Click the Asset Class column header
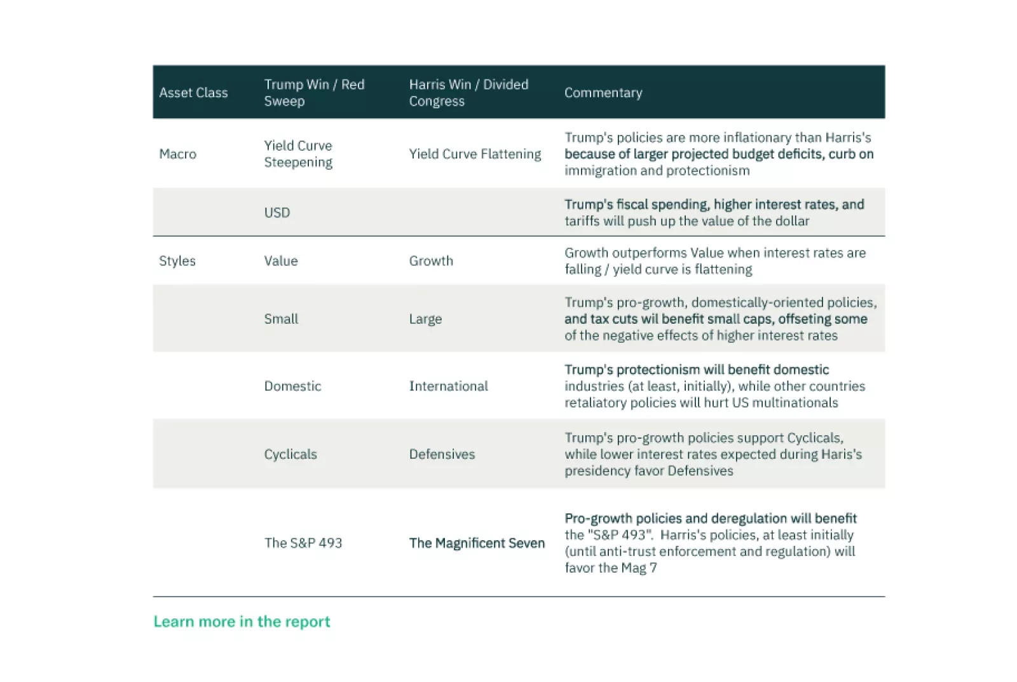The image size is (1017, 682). [x=193, y=93]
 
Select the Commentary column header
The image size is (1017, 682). [x=603, y=93]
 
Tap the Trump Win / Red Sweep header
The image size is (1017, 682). [x=314, y=93]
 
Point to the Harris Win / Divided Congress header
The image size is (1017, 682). [x=468, y=93]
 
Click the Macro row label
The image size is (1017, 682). [x=178, y=154]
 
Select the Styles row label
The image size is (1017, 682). [x=177, y=261]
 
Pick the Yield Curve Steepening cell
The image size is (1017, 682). [x=298, y=154]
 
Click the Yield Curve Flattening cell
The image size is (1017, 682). [x=475, y=154]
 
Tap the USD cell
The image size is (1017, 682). [x=277, y=212]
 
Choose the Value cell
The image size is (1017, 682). [x=281, y=261]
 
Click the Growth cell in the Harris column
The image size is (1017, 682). [x=431, y=261]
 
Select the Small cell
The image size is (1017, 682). [x=281, y=319]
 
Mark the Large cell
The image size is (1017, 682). [x=425, y=319]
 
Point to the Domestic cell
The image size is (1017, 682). [x=292, y=386]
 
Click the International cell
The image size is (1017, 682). [x=448, y=386]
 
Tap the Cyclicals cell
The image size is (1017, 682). [x=290, y=454]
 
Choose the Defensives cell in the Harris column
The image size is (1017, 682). [x=442, y=454]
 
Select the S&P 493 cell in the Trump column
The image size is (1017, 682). [x=303, y=543]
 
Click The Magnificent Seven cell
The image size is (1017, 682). [x=477, y=543]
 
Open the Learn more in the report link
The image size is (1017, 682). [x=242, y=622]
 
